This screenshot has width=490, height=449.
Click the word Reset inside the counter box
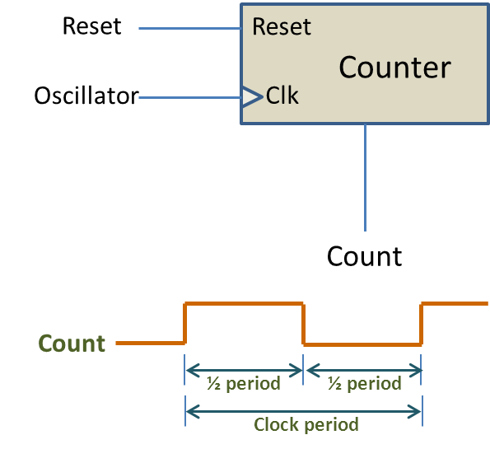282,26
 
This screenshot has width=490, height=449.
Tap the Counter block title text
394,68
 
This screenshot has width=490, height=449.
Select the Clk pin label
282,96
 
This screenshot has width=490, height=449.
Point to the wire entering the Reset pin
189,28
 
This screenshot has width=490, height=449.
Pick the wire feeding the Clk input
189,97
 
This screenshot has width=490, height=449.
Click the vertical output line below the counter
365,177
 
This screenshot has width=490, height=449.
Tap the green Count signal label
72,344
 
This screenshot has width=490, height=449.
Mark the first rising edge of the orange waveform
185,323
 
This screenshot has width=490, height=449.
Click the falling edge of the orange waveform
304,323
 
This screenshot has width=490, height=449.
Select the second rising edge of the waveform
422,323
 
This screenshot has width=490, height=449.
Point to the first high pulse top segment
245,304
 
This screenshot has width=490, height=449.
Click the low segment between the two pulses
362,344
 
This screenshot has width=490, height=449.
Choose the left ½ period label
245,384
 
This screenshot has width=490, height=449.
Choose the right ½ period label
363,384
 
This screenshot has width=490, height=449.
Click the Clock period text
306,425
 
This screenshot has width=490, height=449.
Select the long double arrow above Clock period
304,408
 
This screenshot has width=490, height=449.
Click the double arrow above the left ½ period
245,370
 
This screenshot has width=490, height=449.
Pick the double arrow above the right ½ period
363,370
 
